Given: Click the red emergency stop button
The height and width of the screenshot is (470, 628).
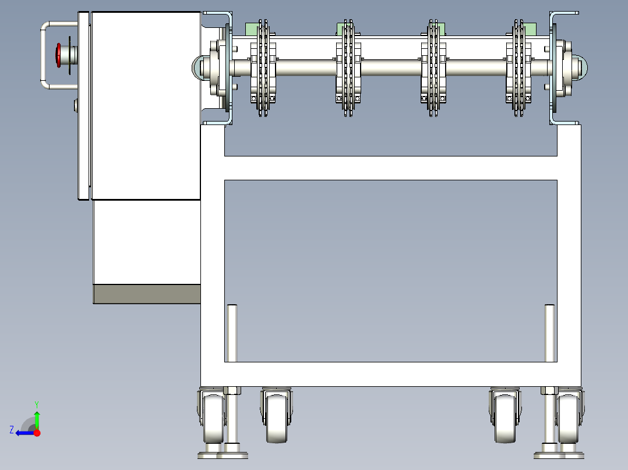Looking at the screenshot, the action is point(58,55).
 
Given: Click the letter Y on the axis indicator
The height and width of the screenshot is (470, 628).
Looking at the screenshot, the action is point(37,404).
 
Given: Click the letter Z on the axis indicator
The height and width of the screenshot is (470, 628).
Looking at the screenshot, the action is point(12,430).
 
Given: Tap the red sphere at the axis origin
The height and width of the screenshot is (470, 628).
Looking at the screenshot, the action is point(37,433).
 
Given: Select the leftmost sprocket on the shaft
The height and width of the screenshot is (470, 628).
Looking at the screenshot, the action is point(263,68).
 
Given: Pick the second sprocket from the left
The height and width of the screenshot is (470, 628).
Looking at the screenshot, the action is point(348,68).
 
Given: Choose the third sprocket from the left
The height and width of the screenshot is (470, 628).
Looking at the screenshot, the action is point(433,68).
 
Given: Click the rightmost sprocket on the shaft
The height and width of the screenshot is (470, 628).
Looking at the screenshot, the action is point(518,68).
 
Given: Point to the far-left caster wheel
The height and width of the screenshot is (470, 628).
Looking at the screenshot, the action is point(212,415).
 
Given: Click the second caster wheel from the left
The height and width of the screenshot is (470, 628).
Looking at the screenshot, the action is point(276,415).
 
